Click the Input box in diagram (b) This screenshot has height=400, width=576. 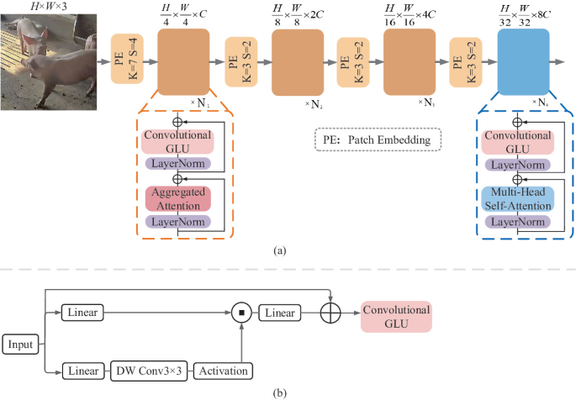pyautogui.click(x=19, y=344)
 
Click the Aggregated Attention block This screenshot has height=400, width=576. pyautogui.click(x=177, y=198)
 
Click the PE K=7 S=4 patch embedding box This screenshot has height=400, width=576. pyautogui.click(x=128, y=61)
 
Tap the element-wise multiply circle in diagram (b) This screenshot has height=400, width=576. pyautogui.click(x=241, y=313)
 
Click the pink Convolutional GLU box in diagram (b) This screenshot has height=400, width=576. pyautogui.click(x=396, y=316)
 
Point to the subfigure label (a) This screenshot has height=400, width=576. pyautogui.click(x=277, y=250)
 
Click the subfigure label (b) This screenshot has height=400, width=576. pyautogui.click(x=277, y=392)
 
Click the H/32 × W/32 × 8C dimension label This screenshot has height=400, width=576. pyautogui.click(x=525, y=15)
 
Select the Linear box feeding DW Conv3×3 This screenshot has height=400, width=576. pyautogui.click(x=82, y=371)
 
